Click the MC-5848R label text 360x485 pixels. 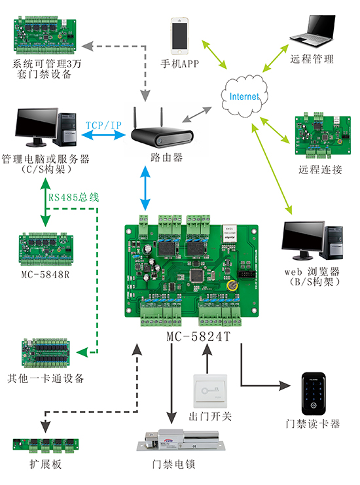pos(45,274)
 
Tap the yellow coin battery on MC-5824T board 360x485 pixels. pos(231,285)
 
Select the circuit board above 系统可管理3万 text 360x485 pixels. pos(45,36)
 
